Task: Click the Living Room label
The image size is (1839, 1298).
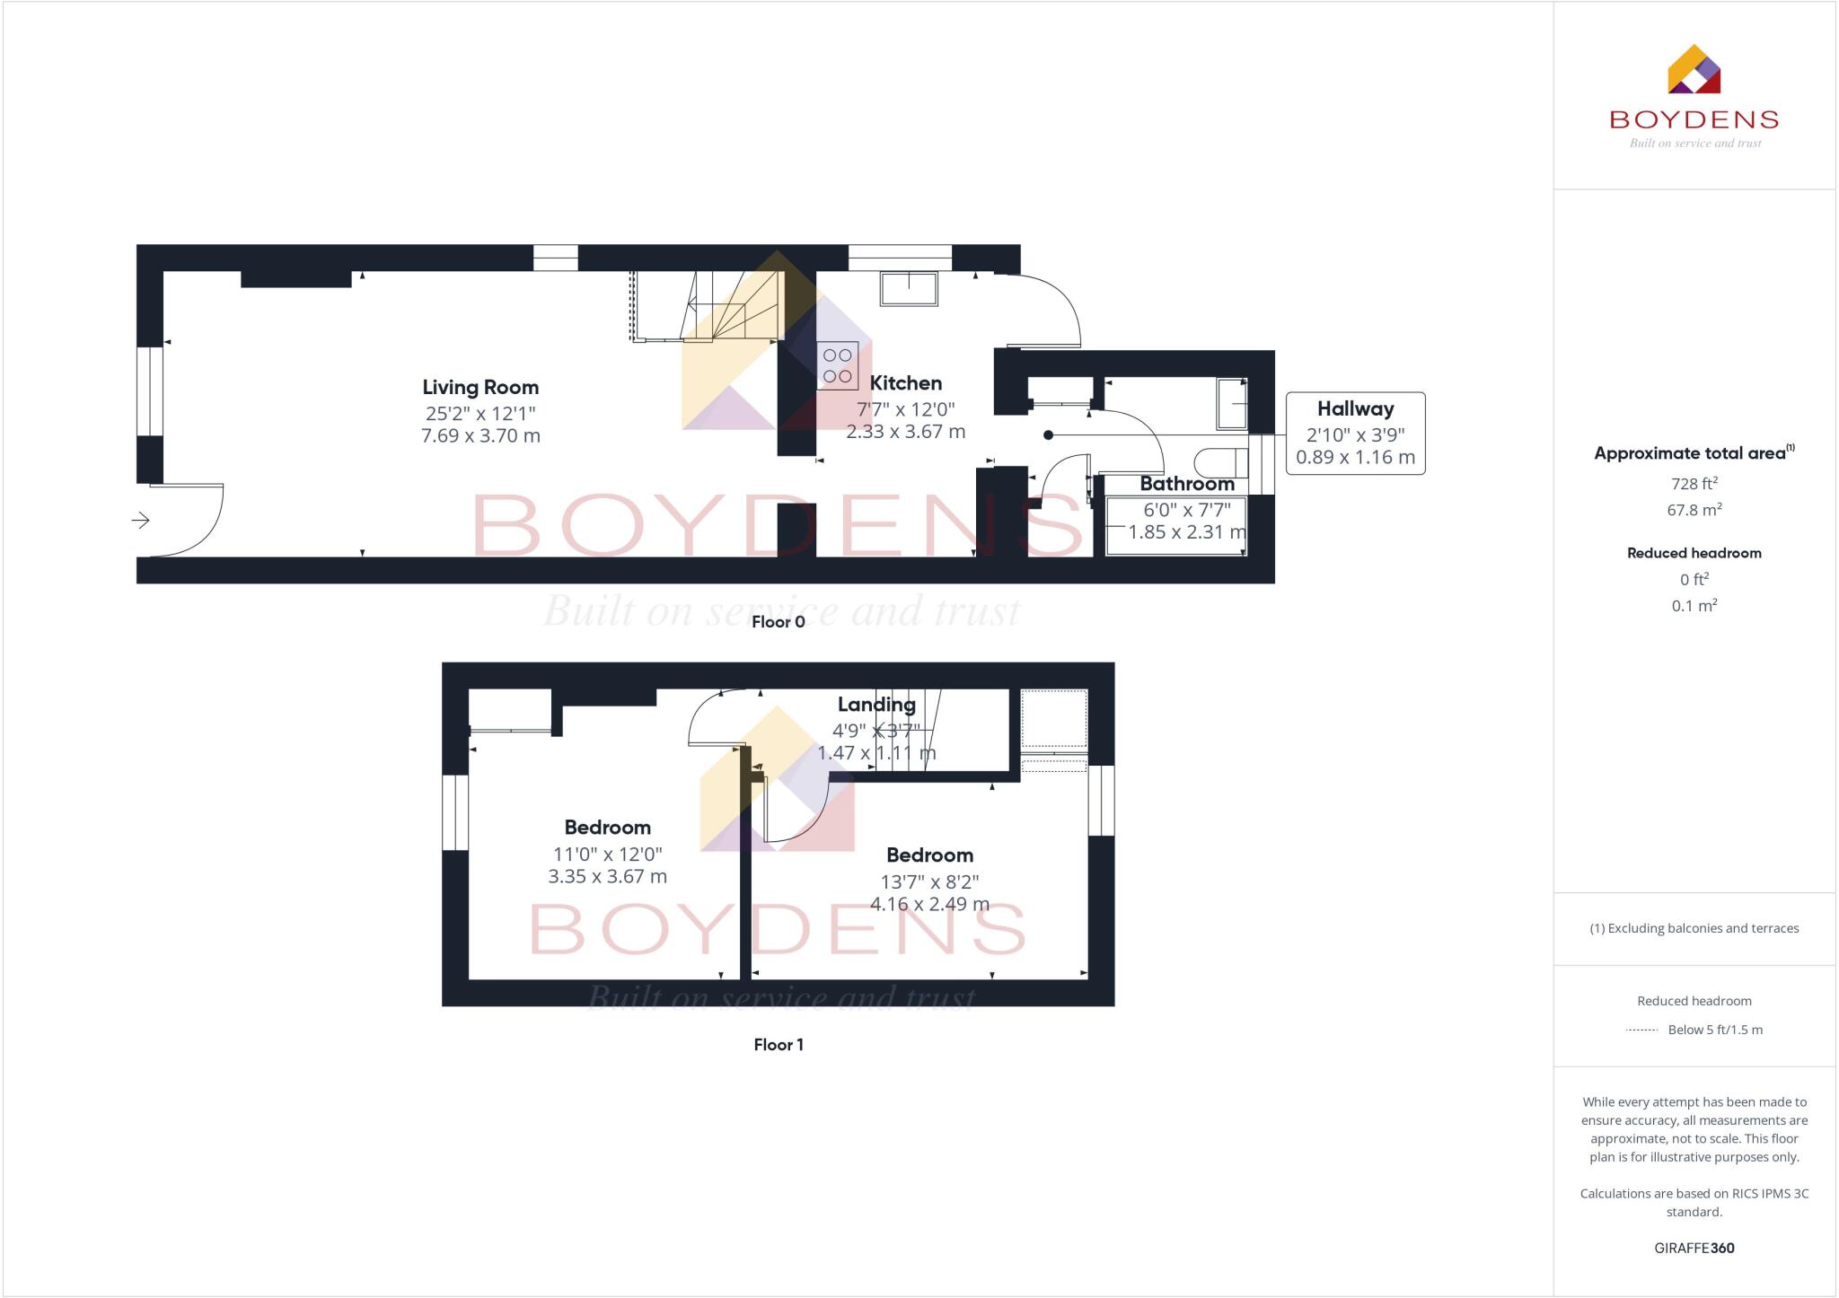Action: [x=480, y=388]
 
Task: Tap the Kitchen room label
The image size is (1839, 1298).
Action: [x=905, y=383]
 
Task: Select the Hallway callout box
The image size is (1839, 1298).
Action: [x=1355, y=433]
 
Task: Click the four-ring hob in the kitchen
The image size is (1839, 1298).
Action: [x=837, y=365]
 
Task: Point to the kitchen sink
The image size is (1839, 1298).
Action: [x=909, y=289]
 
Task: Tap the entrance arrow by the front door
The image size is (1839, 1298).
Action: [x=141, y=520]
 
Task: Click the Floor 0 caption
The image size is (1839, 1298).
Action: [x=778, y=622]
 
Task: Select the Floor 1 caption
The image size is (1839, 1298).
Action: [x=779, y=1045]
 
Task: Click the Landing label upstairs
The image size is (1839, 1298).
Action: [x=876, y=705]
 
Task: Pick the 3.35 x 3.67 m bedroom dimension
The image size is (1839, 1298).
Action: [x=607, y=877]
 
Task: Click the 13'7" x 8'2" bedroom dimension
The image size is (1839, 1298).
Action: [x=929, y=881]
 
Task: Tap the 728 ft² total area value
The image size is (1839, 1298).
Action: [x=1694, y=484]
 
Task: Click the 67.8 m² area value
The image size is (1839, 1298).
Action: [x=1694, y=510]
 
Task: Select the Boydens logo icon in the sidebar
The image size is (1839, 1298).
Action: [x=1694, y=70]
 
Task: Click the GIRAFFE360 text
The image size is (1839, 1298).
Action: [x=1694, y=1249]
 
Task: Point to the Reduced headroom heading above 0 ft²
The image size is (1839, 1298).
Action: [x=1694, y=553]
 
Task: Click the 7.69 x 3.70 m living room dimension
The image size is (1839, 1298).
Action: [x=480, y=436]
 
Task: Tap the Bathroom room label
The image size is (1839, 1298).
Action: [x=1186, y=484]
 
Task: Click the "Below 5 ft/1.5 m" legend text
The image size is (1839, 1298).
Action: [x=1714, y=1030]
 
